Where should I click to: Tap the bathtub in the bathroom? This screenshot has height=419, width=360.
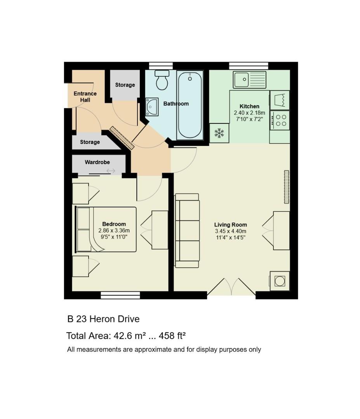click(x=190, y=105)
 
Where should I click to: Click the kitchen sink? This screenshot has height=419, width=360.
click(x=249, y=80)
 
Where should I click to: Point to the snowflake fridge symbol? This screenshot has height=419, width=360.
click(x=219, y=133)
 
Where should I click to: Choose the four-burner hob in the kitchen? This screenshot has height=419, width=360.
click(x=280, y=120)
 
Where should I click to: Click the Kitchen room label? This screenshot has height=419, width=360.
click(x=249, y=106)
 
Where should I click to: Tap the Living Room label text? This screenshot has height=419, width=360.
click(x=230, y=225)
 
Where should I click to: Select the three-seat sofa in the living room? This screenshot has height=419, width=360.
click(x=187, y=230)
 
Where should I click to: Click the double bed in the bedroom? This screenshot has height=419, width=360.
click(x=106, y=229)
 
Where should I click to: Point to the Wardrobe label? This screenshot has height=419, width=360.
click(x=97, y=162)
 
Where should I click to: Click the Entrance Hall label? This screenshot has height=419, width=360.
click(x=85, y=97)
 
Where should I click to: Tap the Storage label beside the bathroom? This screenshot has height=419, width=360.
click(x=125, y=85)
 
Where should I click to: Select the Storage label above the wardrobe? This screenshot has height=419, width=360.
click(x=90, y=142)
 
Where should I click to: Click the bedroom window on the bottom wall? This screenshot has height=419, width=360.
click(x=120, y=295)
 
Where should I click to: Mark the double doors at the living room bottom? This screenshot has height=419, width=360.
click(x=231, y=289)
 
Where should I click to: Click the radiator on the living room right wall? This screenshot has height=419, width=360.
click(x=287, y=187)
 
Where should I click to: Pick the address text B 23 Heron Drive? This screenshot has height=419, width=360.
click(x=103, y=319)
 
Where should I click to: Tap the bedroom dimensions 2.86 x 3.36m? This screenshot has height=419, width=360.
click(x=114, y=230)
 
